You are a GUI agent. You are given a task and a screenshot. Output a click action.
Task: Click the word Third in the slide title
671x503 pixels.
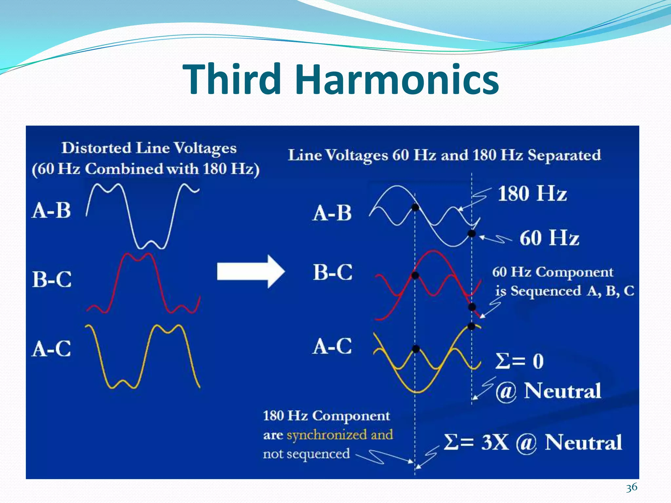(232, 80)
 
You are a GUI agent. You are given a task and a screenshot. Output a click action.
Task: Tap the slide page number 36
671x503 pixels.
(631, 487)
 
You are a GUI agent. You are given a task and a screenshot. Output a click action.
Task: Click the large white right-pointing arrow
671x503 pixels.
(251, 272)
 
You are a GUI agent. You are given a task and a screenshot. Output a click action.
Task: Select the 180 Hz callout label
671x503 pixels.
(532, 194)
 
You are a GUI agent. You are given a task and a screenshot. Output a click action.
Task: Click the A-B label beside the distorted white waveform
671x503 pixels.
(51, 210)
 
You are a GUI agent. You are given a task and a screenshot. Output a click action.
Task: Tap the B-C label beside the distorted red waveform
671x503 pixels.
(52, 279)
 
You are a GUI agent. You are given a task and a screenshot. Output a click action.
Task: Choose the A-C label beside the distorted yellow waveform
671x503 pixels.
(51, 348)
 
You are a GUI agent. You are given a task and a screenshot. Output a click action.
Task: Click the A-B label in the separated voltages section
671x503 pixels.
(332, 213)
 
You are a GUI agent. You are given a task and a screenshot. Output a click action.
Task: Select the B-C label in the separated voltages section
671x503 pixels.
(333, 272)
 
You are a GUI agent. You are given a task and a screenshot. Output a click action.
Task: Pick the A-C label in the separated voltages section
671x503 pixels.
(332, 346)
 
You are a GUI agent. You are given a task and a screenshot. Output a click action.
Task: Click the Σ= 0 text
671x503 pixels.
(519, 361)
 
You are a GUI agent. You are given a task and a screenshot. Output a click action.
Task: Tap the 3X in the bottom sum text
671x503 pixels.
(495, 442)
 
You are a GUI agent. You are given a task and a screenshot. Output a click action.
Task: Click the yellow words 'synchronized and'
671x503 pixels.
(340, 435)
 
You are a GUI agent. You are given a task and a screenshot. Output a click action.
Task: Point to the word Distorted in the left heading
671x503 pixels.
(96, 148)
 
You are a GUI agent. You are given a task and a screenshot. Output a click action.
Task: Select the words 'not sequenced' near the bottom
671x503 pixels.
(306, 454)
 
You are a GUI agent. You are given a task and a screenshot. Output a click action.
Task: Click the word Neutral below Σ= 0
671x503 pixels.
(563, 391)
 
